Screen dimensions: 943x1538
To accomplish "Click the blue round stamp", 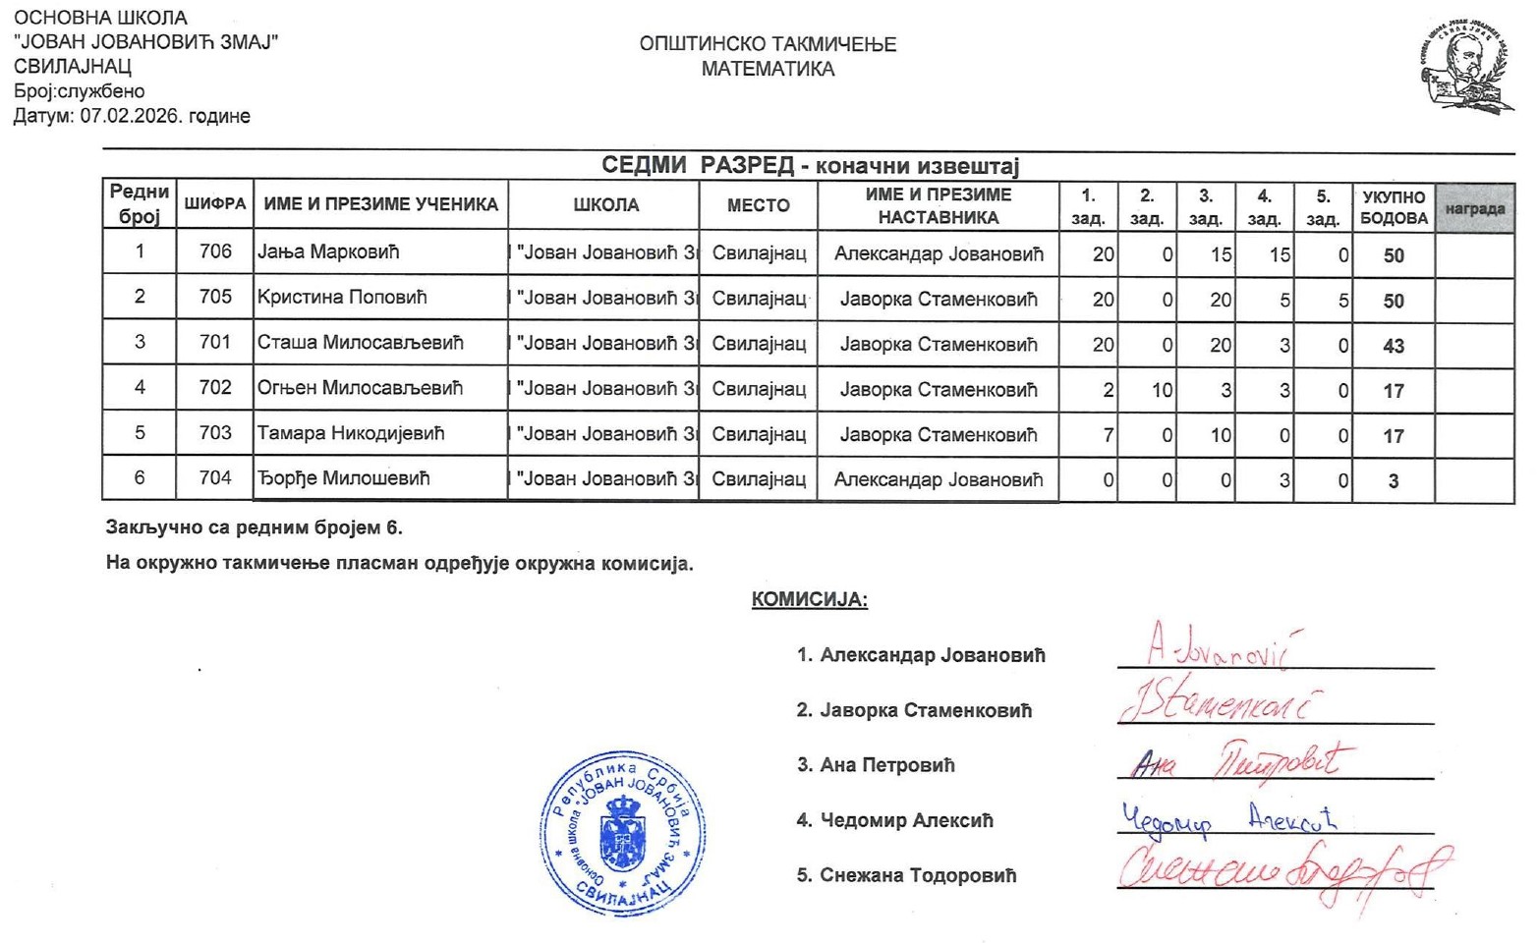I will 622,833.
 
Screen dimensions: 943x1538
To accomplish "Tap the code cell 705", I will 215,297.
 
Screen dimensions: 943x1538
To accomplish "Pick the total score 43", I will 1394,346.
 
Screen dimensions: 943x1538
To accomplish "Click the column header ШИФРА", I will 215,204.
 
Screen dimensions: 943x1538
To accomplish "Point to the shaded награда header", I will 1474,208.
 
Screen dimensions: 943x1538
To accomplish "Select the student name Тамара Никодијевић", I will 351,433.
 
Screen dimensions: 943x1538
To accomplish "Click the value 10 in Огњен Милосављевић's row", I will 1162,390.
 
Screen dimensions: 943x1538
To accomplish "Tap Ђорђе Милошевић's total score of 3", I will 1394,481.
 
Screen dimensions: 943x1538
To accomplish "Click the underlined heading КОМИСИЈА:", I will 809,599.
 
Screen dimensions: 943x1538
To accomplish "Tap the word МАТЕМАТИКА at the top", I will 768,69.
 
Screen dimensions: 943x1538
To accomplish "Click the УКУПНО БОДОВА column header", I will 1394,207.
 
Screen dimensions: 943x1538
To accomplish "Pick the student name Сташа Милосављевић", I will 360,343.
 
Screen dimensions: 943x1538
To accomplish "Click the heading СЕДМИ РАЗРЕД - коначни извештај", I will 810,165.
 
